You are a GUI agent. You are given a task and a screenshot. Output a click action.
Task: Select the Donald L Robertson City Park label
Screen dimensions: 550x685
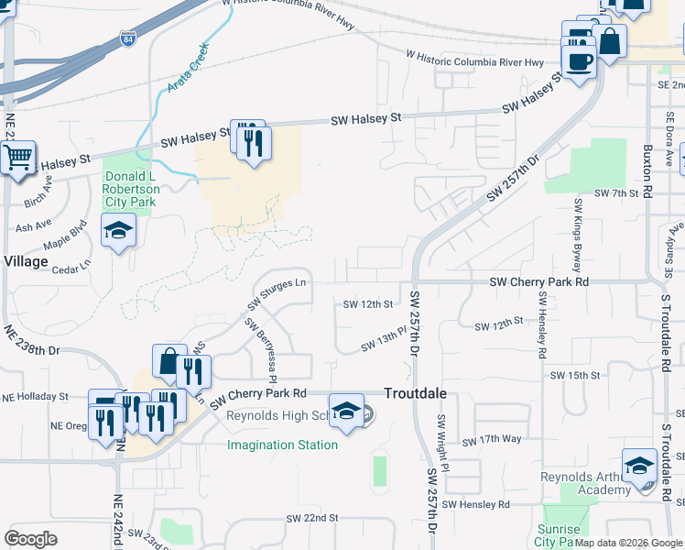coord(132,189)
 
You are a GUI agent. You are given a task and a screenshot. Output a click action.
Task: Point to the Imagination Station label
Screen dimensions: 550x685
coord(282,445)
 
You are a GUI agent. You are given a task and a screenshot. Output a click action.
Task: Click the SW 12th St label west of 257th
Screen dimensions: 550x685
coord(367,303)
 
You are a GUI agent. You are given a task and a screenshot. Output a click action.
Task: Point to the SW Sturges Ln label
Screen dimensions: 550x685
coord(276,293)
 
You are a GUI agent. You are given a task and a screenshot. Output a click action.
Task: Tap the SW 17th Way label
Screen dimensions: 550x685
coord(492,441)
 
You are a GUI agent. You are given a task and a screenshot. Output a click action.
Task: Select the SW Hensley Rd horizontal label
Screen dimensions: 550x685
coord(475,504)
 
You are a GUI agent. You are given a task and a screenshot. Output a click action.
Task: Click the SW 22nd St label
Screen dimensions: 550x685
coord(312,518)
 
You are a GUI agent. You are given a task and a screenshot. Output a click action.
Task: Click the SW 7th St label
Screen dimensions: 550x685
coord(615,193)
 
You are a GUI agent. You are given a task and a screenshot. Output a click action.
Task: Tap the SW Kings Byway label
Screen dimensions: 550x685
coord(578,236)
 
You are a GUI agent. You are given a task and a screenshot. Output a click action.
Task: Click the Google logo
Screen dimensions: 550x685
coord(30,539)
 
